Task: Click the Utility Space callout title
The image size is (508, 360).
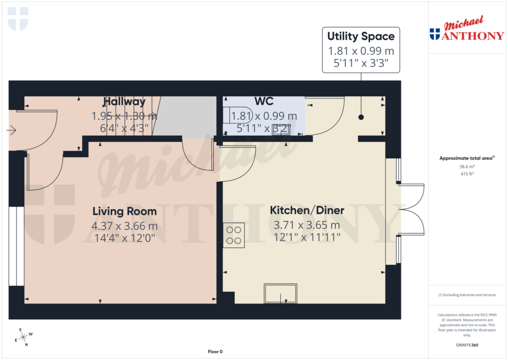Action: point(361,36)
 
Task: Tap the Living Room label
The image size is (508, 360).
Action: point(125,212)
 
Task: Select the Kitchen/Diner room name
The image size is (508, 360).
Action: point(307,211)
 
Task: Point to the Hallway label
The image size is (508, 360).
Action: point(125,102)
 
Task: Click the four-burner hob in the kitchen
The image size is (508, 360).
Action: point(234,235)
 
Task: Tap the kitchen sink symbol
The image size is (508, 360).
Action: point(281,293)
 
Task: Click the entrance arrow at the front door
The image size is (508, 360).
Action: point(11,131)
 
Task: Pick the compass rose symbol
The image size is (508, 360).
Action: point(23,337)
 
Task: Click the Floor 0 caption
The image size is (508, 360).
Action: point(215,352)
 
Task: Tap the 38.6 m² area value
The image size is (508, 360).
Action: point(467,167)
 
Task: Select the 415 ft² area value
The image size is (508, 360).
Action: point(467,174)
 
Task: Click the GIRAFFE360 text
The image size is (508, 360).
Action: point(467,345)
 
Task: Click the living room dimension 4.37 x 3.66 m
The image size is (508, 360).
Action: point(125,226)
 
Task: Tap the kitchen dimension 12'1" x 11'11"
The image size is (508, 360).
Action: point(307,237)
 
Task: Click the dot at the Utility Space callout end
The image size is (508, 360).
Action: point(361,118)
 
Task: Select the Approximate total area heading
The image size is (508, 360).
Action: point(467,158)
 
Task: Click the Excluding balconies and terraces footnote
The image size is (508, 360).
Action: point(467,295)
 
